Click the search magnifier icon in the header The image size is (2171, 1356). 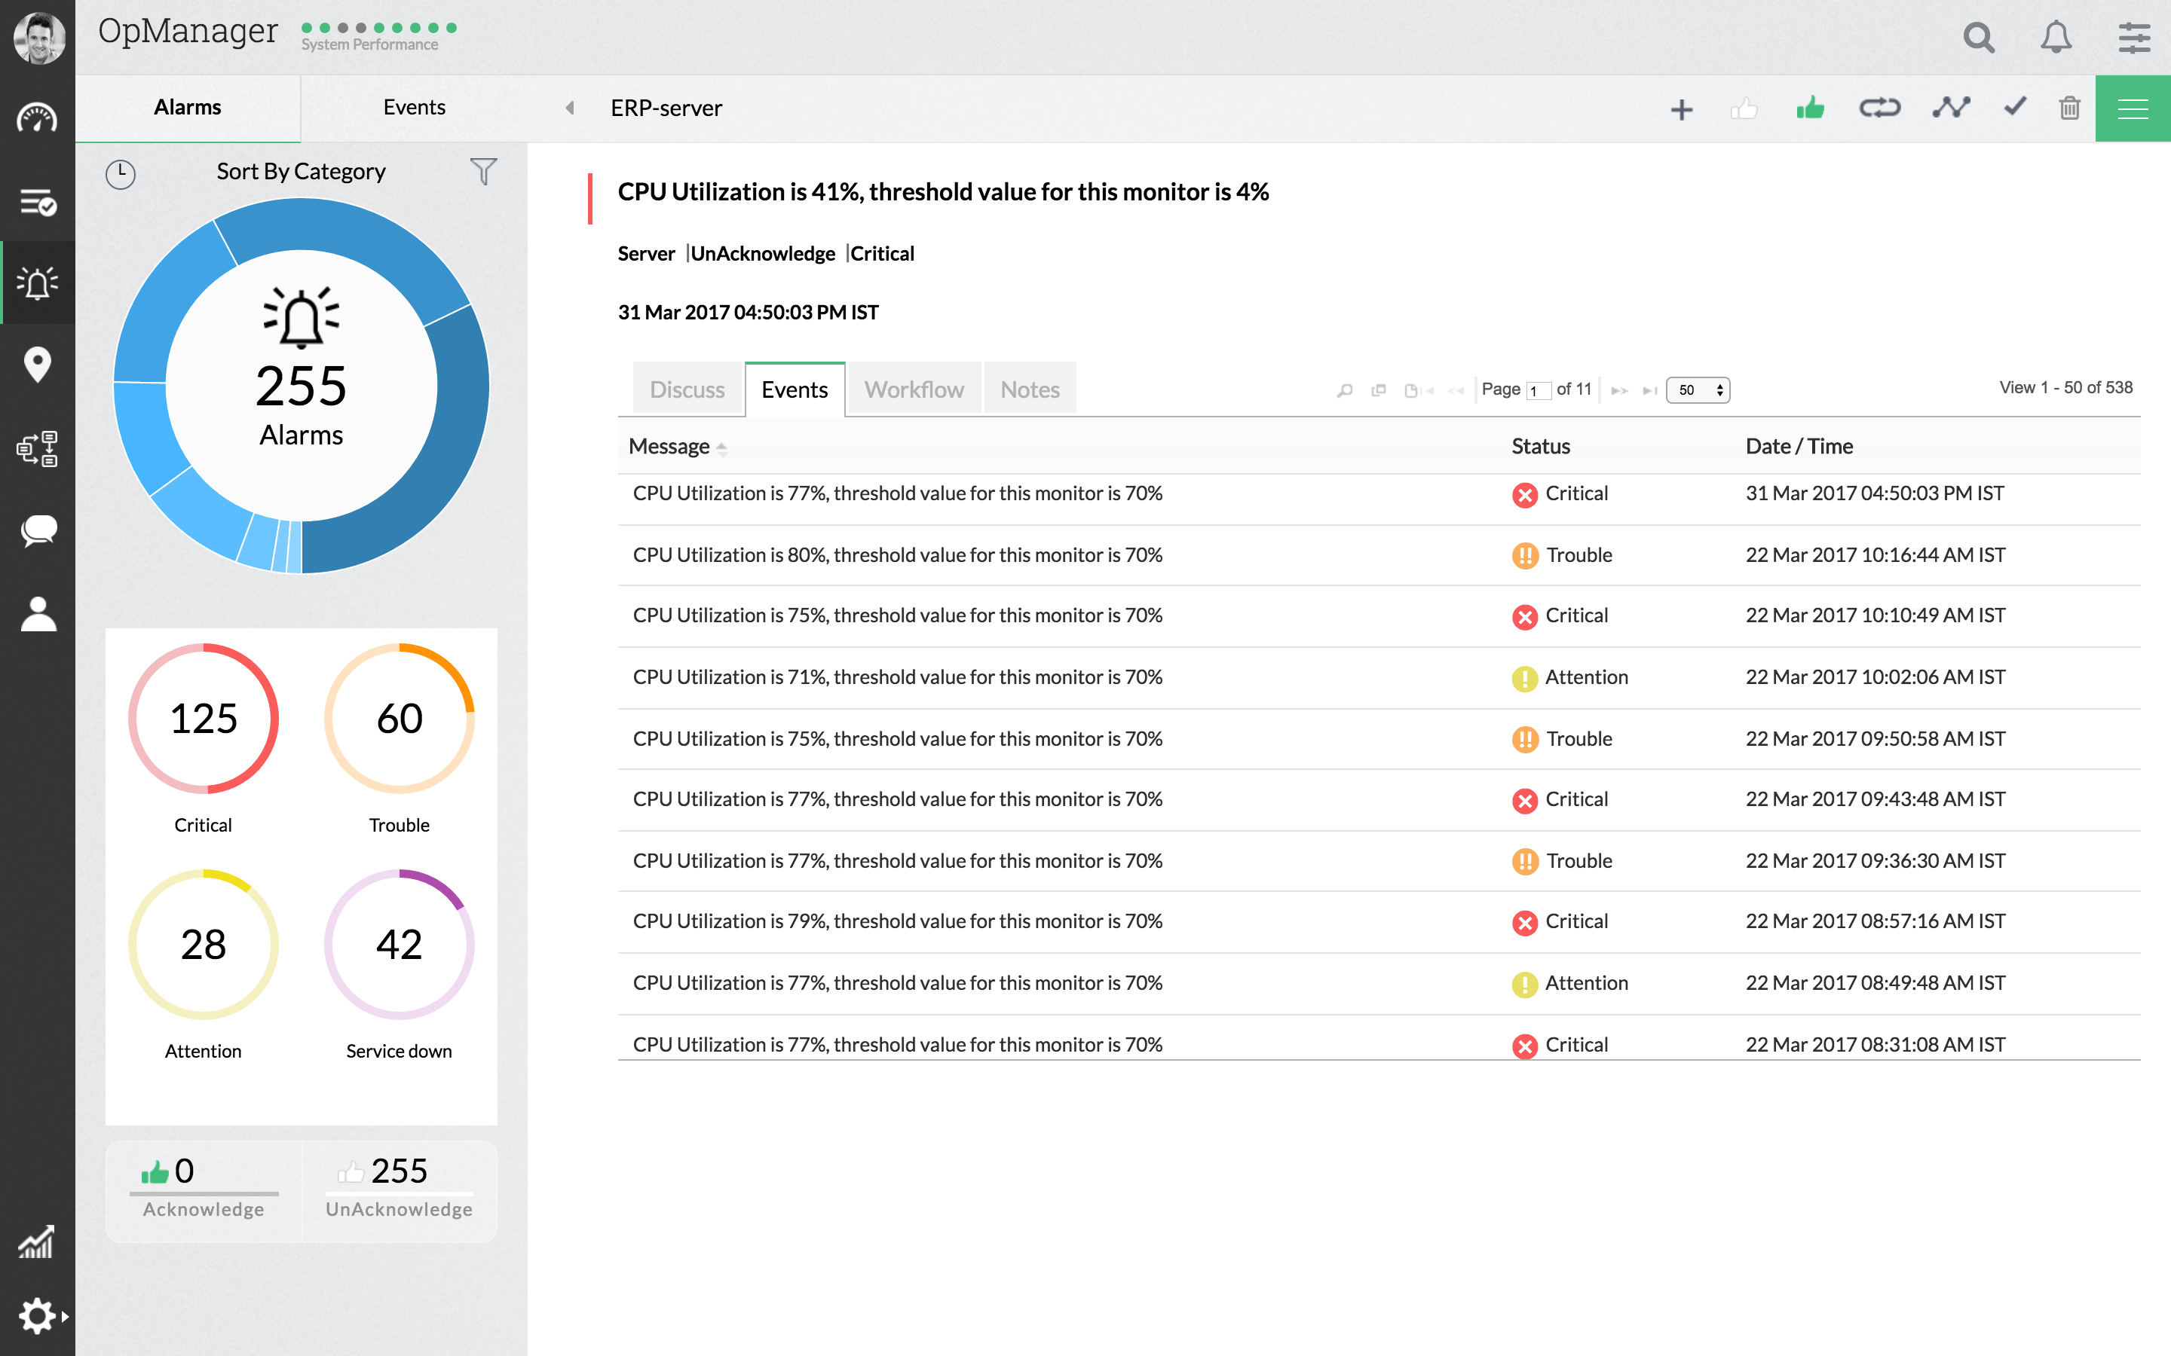[x=1978, y=38]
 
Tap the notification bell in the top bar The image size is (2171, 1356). [x=2055, y=38]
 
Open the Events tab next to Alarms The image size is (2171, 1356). [x=414, y=108]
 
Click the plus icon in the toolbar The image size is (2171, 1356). [x=1681, y=109]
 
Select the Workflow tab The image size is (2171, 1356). [x=914, y=389]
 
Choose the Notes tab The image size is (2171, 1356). [x=1030, y=389]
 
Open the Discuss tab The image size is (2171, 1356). [x=687, y=389]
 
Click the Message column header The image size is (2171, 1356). [x=669, y=446]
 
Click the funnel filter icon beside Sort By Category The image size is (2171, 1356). [x=482, y=170]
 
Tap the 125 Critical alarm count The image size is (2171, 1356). [x=204, y=719]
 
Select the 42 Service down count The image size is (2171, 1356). [x=400, y=945]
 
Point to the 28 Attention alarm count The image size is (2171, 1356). [x=204, y=945]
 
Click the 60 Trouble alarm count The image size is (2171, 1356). [x=400, y=719]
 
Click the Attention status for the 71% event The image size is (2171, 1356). [x=1585, y=677]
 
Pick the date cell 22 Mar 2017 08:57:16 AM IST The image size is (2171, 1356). [x=1875, y=921]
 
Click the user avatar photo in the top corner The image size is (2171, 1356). [x=38, y=38]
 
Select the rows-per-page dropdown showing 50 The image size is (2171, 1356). [x=1698, y=390]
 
